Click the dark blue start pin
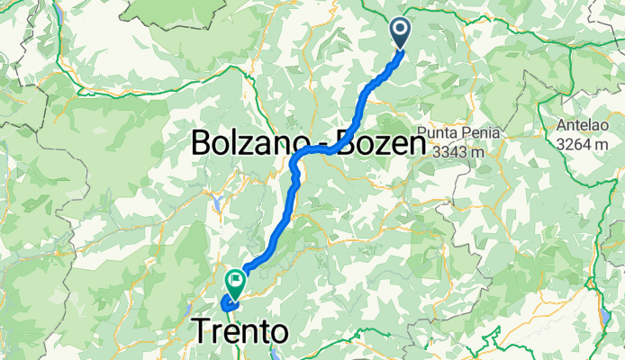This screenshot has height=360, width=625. tap(400, 33)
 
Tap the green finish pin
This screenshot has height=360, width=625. tap(235, 283)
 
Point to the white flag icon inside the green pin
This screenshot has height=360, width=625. tap(235, 279)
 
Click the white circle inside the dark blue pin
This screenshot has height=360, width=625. tap(400, 29)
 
